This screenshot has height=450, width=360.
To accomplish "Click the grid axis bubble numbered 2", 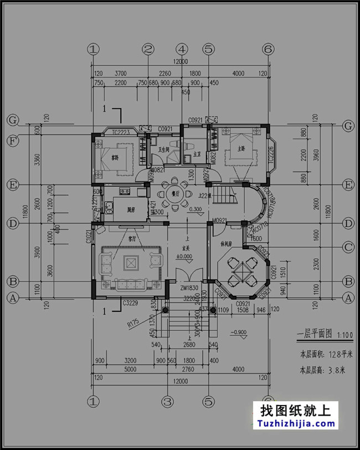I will coord(147,49).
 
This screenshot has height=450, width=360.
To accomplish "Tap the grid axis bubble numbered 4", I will coord(183,49).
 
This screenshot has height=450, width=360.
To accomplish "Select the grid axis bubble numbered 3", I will coord(167,400).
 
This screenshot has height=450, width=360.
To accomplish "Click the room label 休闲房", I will coord(226,243).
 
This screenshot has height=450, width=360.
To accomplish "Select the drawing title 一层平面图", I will coord(314,334).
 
